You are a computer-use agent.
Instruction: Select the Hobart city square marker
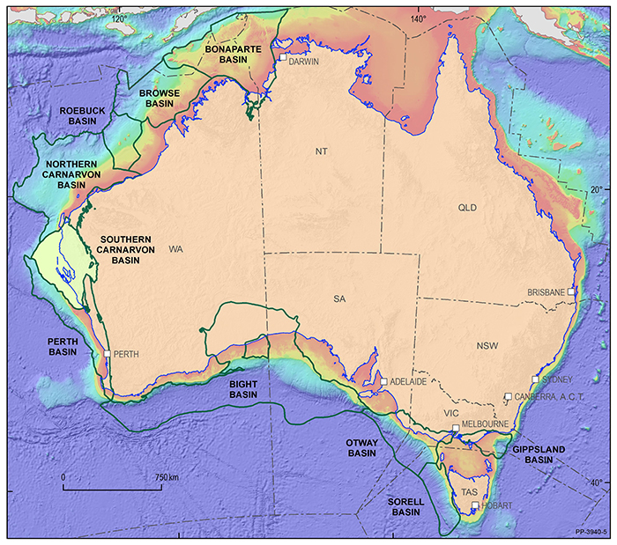click(x=475, y=505)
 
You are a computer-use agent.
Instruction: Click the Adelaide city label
click(x=408, y=382)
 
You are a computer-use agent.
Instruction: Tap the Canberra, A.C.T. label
click(x=546, y=395)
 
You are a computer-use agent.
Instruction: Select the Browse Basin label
click(x=159, y=97)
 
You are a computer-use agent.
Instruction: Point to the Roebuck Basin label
click(x=82, y=115)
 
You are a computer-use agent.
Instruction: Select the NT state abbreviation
click(x=321, y=152)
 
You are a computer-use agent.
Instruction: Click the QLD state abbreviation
click(x=466, y=208)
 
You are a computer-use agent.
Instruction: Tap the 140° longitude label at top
click(x=418, y=18)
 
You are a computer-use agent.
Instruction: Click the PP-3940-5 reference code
click(x=591, y=534)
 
